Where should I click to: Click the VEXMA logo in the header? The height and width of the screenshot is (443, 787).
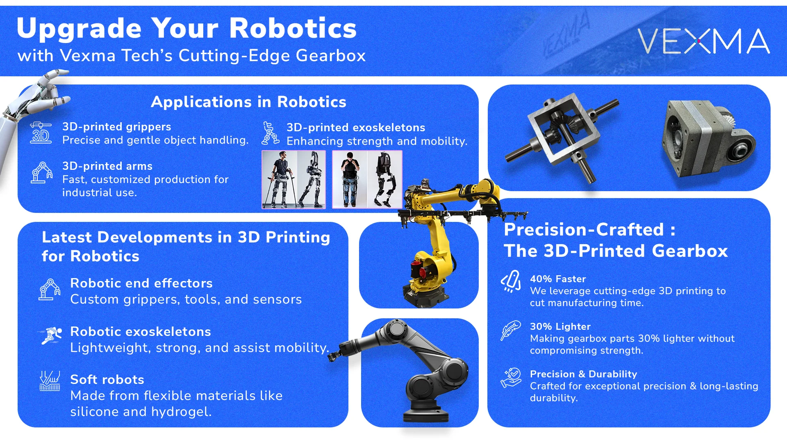pyautogui.click(x=703, y=41)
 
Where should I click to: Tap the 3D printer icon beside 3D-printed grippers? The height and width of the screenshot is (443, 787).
pyautogui.click(x=41, y=133)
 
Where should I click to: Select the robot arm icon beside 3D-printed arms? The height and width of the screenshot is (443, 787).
pyautogui.click(x=41, y=173)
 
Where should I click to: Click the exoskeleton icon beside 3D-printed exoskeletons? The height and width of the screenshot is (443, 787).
pyautogui.click(x=271, y=133)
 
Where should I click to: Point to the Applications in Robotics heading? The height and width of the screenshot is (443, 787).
pyautogui.click(x=248, y=102)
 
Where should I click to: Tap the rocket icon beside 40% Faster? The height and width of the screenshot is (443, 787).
pyautogui.click(x=511, y=281)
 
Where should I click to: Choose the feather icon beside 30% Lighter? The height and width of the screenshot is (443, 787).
pyautogui.click(x=510, y=330)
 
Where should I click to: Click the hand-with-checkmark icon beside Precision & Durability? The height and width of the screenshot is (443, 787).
pyautogui.click(x=511, y=378)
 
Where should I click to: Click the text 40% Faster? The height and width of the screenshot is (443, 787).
pyautogui.click(x=557, y=279)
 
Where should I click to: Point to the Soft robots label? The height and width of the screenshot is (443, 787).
pyautogui.click(x=107, y=379)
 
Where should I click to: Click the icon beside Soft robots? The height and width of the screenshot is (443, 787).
pyautogui.click(x=50, y=381)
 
